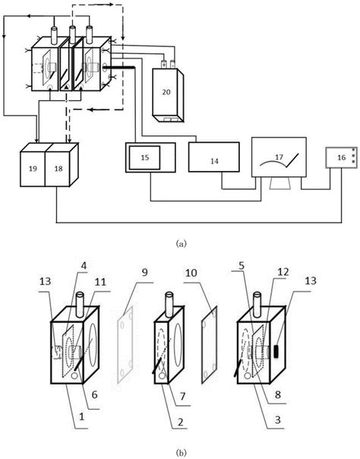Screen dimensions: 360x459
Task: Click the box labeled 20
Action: tap(168, 95)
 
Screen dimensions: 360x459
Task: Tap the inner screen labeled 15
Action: tap(145, 157)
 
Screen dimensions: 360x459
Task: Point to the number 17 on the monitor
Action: tap(279, 157)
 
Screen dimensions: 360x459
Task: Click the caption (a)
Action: tap(180, 243)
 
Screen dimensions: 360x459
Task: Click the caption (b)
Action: tap(180, 453)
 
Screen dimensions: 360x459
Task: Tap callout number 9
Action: tap(144, 273)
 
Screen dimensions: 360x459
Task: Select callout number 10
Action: tap(191, 273)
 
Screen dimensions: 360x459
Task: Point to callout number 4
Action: tap(84, 266)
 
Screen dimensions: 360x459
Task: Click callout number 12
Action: tap(283, 272)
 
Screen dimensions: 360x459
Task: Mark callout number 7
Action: tap(182, 396)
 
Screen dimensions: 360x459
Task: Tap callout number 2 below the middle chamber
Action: tap(181, 422)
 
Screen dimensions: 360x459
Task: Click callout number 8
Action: tap(277, 394)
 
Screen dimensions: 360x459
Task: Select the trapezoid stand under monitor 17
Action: tap(279, 184)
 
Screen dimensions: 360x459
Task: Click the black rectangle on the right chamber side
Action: tap(276, 351)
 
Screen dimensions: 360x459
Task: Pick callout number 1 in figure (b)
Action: tap(82, 416)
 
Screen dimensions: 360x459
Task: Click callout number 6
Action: tap(94, 394)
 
